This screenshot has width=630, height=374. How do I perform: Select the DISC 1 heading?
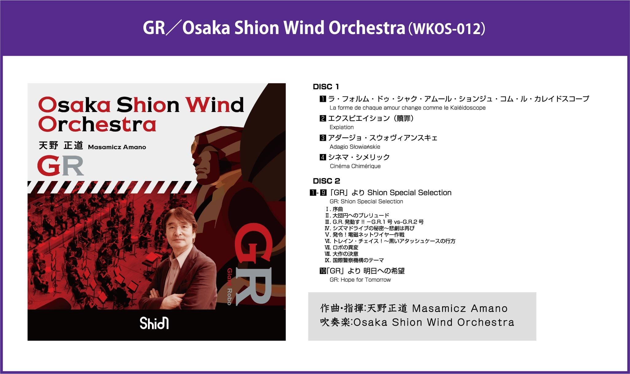[326, 87]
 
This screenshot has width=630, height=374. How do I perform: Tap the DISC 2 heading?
[326, 181]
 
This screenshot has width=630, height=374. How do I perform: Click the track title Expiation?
[341, 127]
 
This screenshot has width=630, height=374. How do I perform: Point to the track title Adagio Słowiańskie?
[355, 147]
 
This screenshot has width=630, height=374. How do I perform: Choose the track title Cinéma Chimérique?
[355, 166]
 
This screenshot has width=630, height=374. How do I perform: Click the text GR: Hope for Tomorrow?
[360, 280]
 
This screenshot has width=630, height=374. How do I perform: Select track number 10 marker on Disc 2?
[322, 271]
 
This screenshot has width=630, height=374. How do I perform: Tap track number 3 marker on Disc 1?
[323, 138]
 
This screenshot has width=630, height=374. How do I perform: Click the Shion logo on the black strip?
[154, 323]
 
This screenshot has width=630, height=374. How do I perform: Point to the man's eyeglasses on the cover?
[179, 228]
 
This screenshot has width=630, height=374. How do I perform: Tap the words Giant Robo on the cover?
[229, 286]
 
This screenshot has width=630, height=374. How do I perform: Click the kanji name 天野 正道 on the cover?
[61, 145]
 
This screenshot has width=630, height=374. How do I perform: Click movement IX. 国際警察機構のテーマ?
[354, 260]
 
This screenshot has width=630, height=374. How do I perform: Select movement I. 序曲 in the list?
[334, 209]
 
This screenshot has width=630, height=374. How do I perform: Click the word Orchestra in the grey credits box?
[486, 322]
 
